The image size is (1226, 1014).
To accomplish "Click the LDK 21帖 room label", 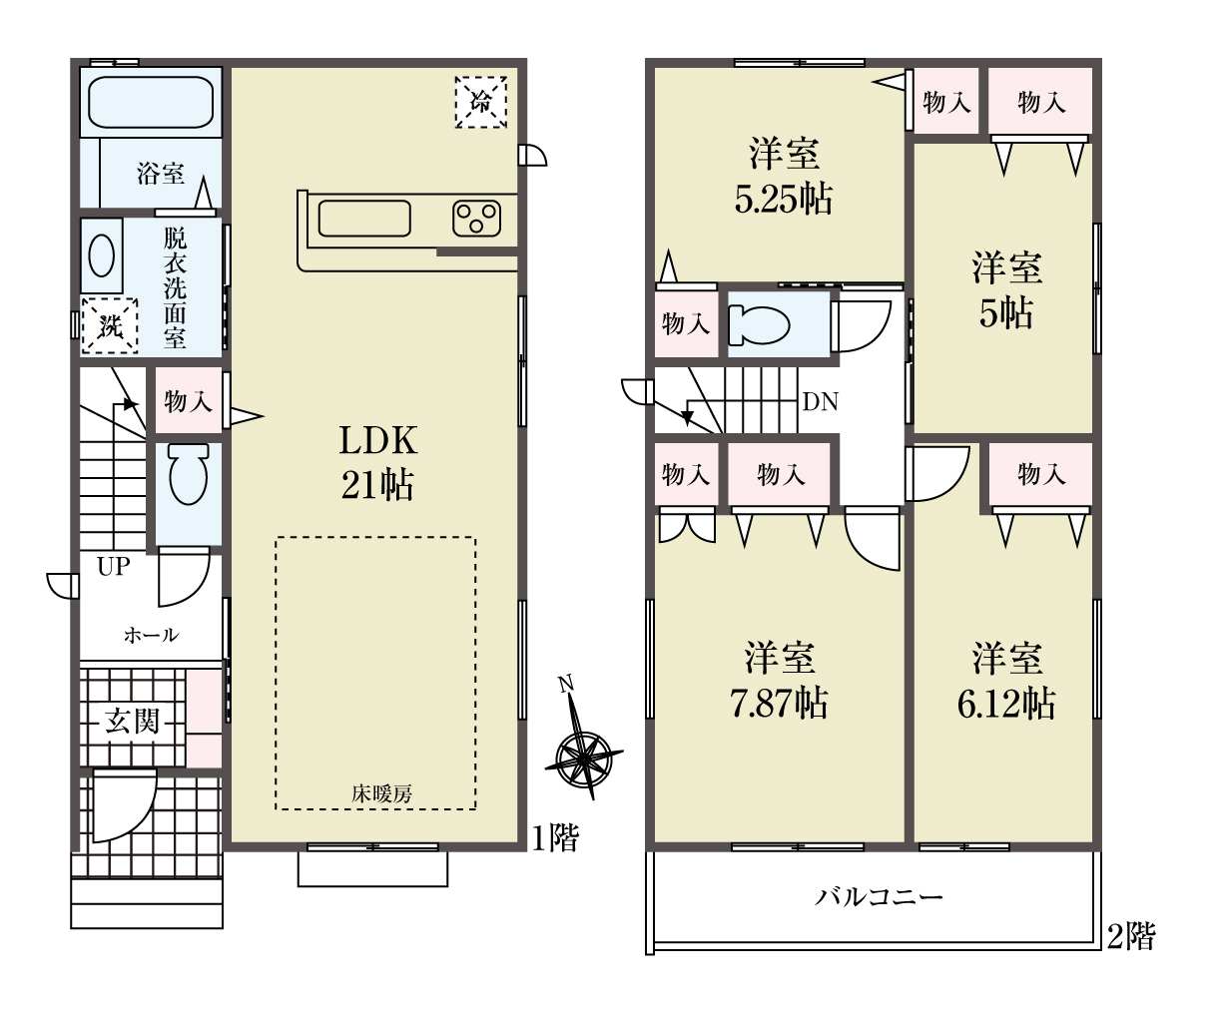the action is click(x=378, y=462).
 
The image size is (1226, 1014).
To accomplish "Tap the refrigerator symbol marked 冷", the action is click(x=481, y=102).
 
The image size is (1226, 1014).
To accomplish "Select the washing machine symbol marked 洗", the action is click(x=110, y=326).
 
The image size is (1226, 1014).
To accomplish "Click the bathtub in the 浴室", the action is click(x=151, y=102).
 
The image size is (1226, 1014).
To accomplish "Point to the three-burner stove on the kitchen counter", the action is click(x=477, y=219).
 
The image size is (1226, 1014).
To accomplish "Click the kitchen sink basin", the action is click(x=364, y=219).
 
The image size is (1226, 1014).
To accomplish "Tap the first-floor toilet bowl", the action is click(x=189, y=474).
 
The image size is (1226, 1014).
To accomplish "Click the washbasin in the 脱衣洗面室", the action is click(x=102, y=256).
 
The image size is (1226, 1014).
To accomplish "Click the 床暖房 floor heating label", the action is click(x=382, y=793).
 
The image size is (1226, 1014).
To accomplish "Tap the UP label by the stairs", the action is click(x=114, y=566).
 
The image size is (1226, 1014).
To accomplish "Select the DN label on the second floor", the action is click(x=821, y=401).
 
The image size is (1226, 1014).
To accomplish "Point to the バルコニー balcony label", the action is click(x=879, y=897).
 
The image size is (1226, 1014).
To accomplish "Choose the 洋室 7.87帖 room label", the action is click(x=779, y=681).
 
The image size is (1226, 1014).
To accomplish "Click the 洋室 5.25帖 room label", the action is click(x=784, y=176).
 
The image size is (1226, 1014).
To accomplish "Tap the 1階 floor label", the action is click(x=555, y=838).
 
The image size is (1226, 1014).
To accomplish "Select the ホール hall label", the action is click(x=151, y=635).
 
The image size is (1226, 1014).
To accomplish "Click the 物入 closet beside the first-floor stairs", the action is click(x=189, y=401).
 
